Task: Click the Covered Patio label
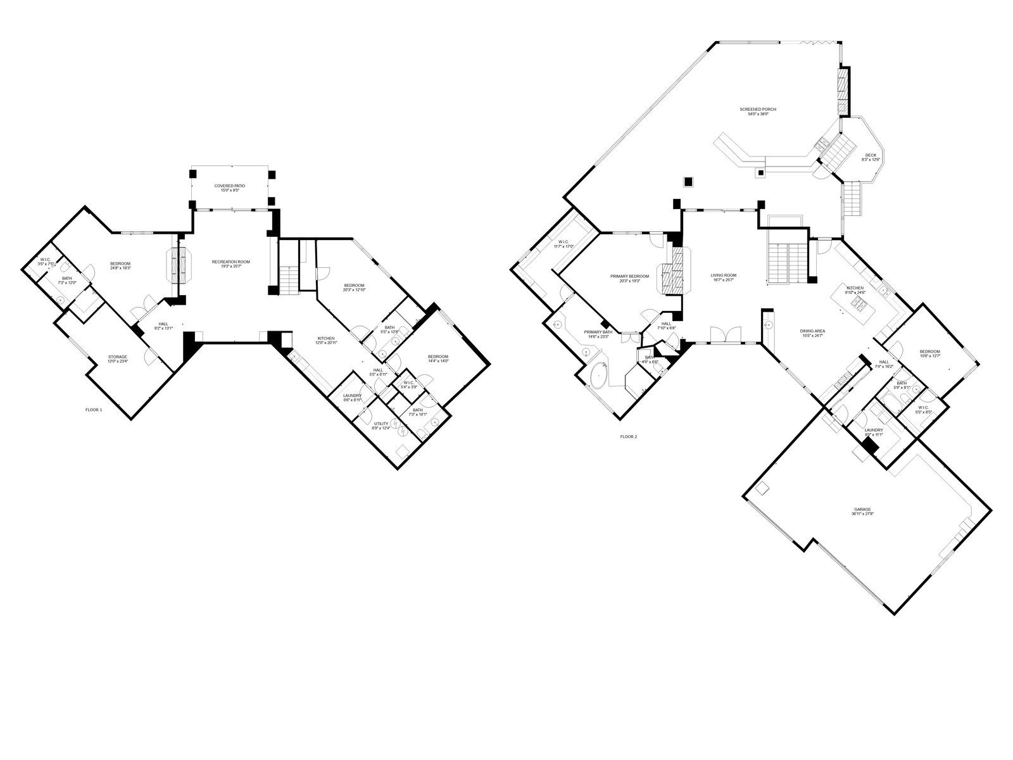tap(229, 187)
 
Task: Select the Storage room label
tap(118, 358)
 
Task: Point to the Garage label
tap(862, 511)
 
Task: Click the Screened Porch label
tap(757, 111)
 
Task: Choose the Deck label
tap(871, 157)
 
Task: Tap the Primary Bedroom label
tap(629, 278)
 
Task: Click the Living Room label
tap(723, 277)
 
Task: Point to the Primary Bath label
tap(598, 334)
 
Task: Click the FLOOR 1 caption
tap(94, 410)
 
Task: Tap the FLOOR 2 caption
tap(628, 436)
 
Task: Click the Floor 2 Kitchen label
tap(855, 290)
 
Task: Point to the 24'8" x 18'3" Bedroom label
tap(120, 266)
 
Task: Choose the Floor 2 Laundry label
tap(873, 432)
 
